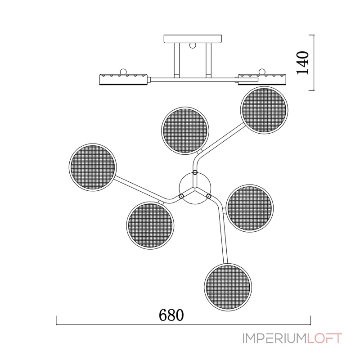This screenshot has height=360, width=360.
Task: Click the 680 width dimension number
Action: tap(171, 315)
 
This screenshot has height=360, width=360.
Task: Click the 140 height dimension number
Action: tap(302, 63)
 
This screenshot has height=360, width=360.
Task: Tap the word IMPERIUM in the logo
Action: tap(274, 338)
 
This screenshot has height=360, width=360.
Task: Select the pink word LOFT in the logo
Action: tap(324, 338)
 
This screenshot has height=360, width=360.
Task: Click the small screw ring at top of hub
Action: tap(195, 172)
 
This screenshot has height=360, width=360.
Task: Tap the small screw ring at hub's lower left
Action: tap(181, 196)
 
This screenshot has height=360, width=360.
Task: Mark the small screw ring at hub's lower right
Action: tap(209, 196)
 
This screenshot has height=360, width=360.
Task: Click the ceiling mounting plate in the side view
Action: tap(193, 39)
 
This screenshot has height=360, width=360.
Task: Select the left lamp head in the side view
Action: tap(123, 79)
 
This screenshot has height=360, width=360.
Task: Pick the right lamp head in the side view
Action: tap(262, 79)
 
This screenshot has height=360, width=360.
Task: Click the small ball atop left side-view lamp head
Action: tap(123, 71)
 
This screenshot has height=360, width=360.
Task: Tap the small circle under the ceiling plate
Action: tap(193, 45)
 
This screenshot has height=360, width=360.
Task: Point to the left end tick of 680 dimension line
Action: tap(56, 320)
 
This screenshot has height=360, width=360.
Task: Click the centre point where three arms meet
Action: tap(195, 188)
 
